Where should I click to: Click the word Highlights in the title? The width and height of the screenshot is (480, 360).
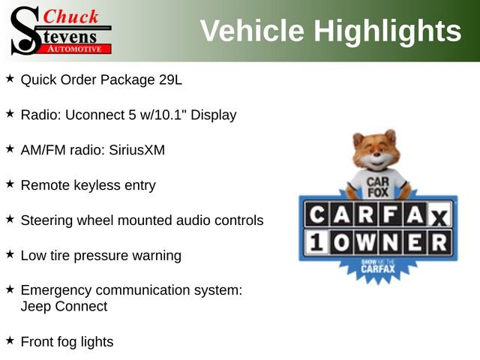pyautogui.click(x=387, y=31)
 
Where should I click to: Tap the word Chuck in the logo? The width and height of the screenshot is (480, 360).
pyautogui.click(x=72, y=16)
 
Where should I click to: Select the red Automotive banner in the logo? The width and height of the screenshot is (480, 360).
pyautogui.click(x=74, y=48)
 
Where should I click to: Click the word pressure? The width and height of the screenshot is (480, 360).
pyautogui.click(x=104, y=256)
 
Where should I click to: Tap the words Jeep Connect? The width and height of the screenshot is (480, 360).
pyautogui.click(x=64, y=306)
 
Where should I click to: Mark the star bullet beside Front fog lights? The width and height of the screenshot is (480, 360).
pyautogui.click(x=10, y=340)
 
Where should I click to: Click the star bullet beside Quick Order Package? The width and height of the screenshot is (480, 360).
pyautogui.click(x=10, y=77)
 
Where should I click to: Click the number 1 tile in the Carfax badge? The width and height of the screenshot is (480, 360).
pyautogui.click(x=313, y=242)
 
